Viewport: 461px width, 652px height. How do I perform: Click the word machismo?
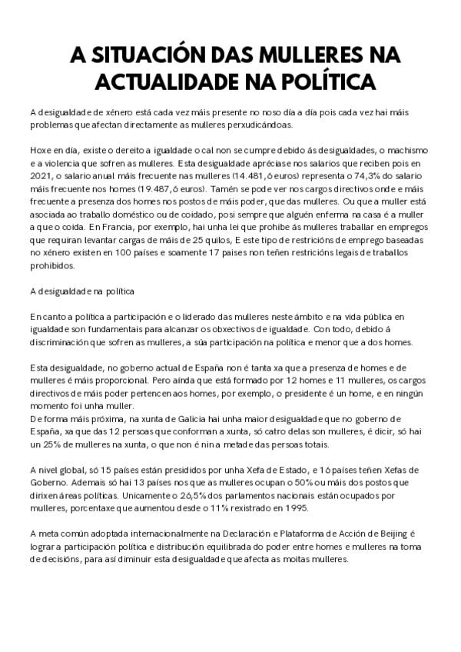coord(402,148)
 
